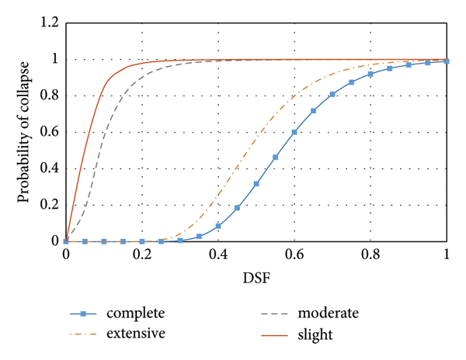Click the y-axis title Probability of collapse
click(25, 133)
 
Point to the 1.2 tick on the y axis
click(49, 23)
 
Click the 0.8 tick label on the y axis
click(49, 96)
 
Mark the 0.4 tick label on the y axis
click(49, 168)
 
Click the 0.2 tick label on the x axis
click(141, 255)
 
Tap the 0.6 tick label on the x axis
click(294, 255)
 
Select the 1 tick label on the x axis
click(447, 255)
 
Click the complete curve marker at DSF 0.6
click(294, 132)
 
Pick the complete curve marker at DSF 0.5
click(256, 184)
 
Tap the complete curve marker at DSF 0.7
click(332, 95)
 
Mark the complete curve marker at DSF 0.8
click(370, 74)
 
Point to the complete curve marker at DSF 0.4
click(218, 226)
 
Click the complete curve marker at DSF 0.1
click(104, 241)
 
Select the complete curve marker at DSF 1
click(447, 61)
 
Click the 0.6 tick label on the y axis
click(49, 133)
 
